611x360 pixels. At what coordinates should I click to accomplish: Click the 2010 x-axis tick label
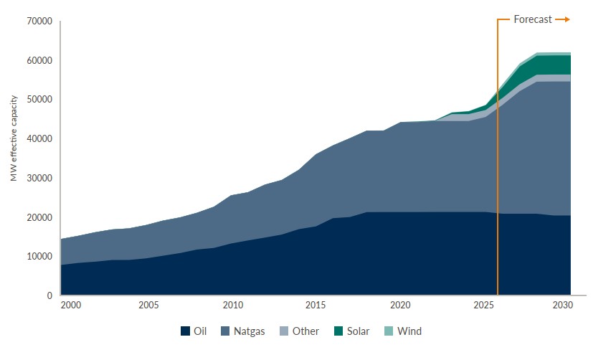[232, 305]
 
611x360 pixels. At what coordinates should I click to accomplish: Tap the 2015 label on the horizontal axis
[316, 305]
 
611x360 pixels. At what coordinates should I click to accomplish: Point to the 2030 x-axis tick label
[562, 305]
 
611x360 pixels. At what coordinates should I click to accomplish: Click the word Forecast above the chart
[533, 19]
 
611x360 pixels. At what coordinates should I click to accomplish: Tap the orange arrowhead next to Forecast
[566, 19]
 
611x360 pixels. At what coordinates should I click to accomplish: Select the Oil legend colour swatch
[185, 331]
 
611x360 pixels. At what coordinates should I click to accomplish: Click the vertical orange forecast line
[498, 179]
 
